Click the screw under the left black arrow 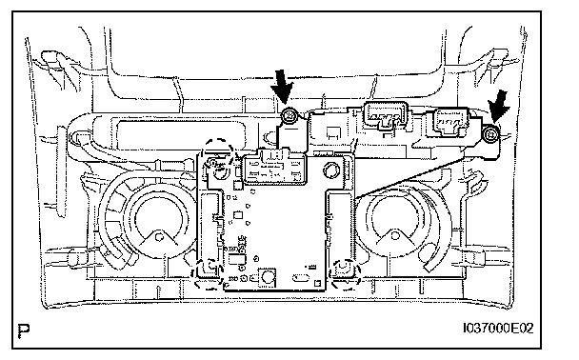(289, 117)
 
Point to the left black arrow (282, 87)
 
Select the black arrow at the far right (499, 106)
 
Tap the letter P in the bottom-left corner (24, 330)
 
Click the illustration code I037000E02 (499, 328)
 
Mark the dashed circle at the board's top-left (219, 154)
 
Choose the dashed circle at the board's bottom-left (208, 274)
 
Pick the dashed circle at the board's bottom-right (346, 273)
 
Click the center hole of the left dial (160, 237)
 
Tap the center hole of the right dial (395, 235)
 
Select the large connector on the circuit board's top (274, 170)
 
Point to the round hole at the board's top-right (330, 170)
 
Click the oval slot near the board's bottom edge (301, 278)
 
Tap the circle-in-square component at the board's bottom (268, 276)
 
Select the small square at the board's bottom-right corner (317, 283)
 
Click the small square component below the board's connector (238, 214)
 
